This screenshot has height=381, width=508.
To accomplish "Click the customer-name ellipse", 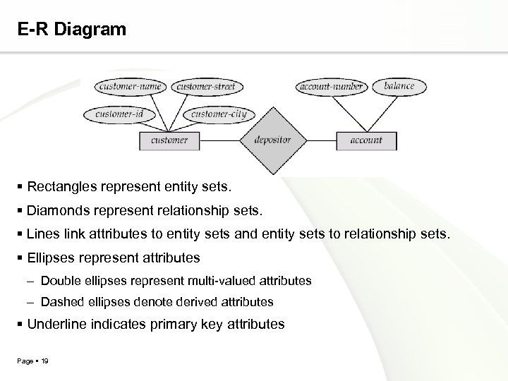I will pos(131,87).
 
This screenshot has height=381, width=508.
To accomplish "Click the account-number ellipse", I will pos(331,87).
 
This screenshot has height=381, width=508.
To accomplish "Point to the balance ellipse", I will pos(399,86).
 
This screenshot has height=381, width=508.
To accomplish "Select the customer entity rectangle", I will pos(169,140).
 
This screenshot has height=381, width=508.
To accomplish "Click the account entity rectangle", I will pos(366,140).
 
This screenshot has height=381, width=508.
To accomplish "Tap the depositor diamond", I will pos(272,140).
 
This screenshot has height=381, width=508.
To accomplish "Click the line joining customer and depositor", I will pos(219,140).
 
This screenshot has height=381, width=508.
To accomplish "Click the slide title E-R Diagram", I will pos(73,30).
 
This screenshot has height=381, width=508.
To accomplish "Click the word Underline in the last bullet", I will pos(56,325).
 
